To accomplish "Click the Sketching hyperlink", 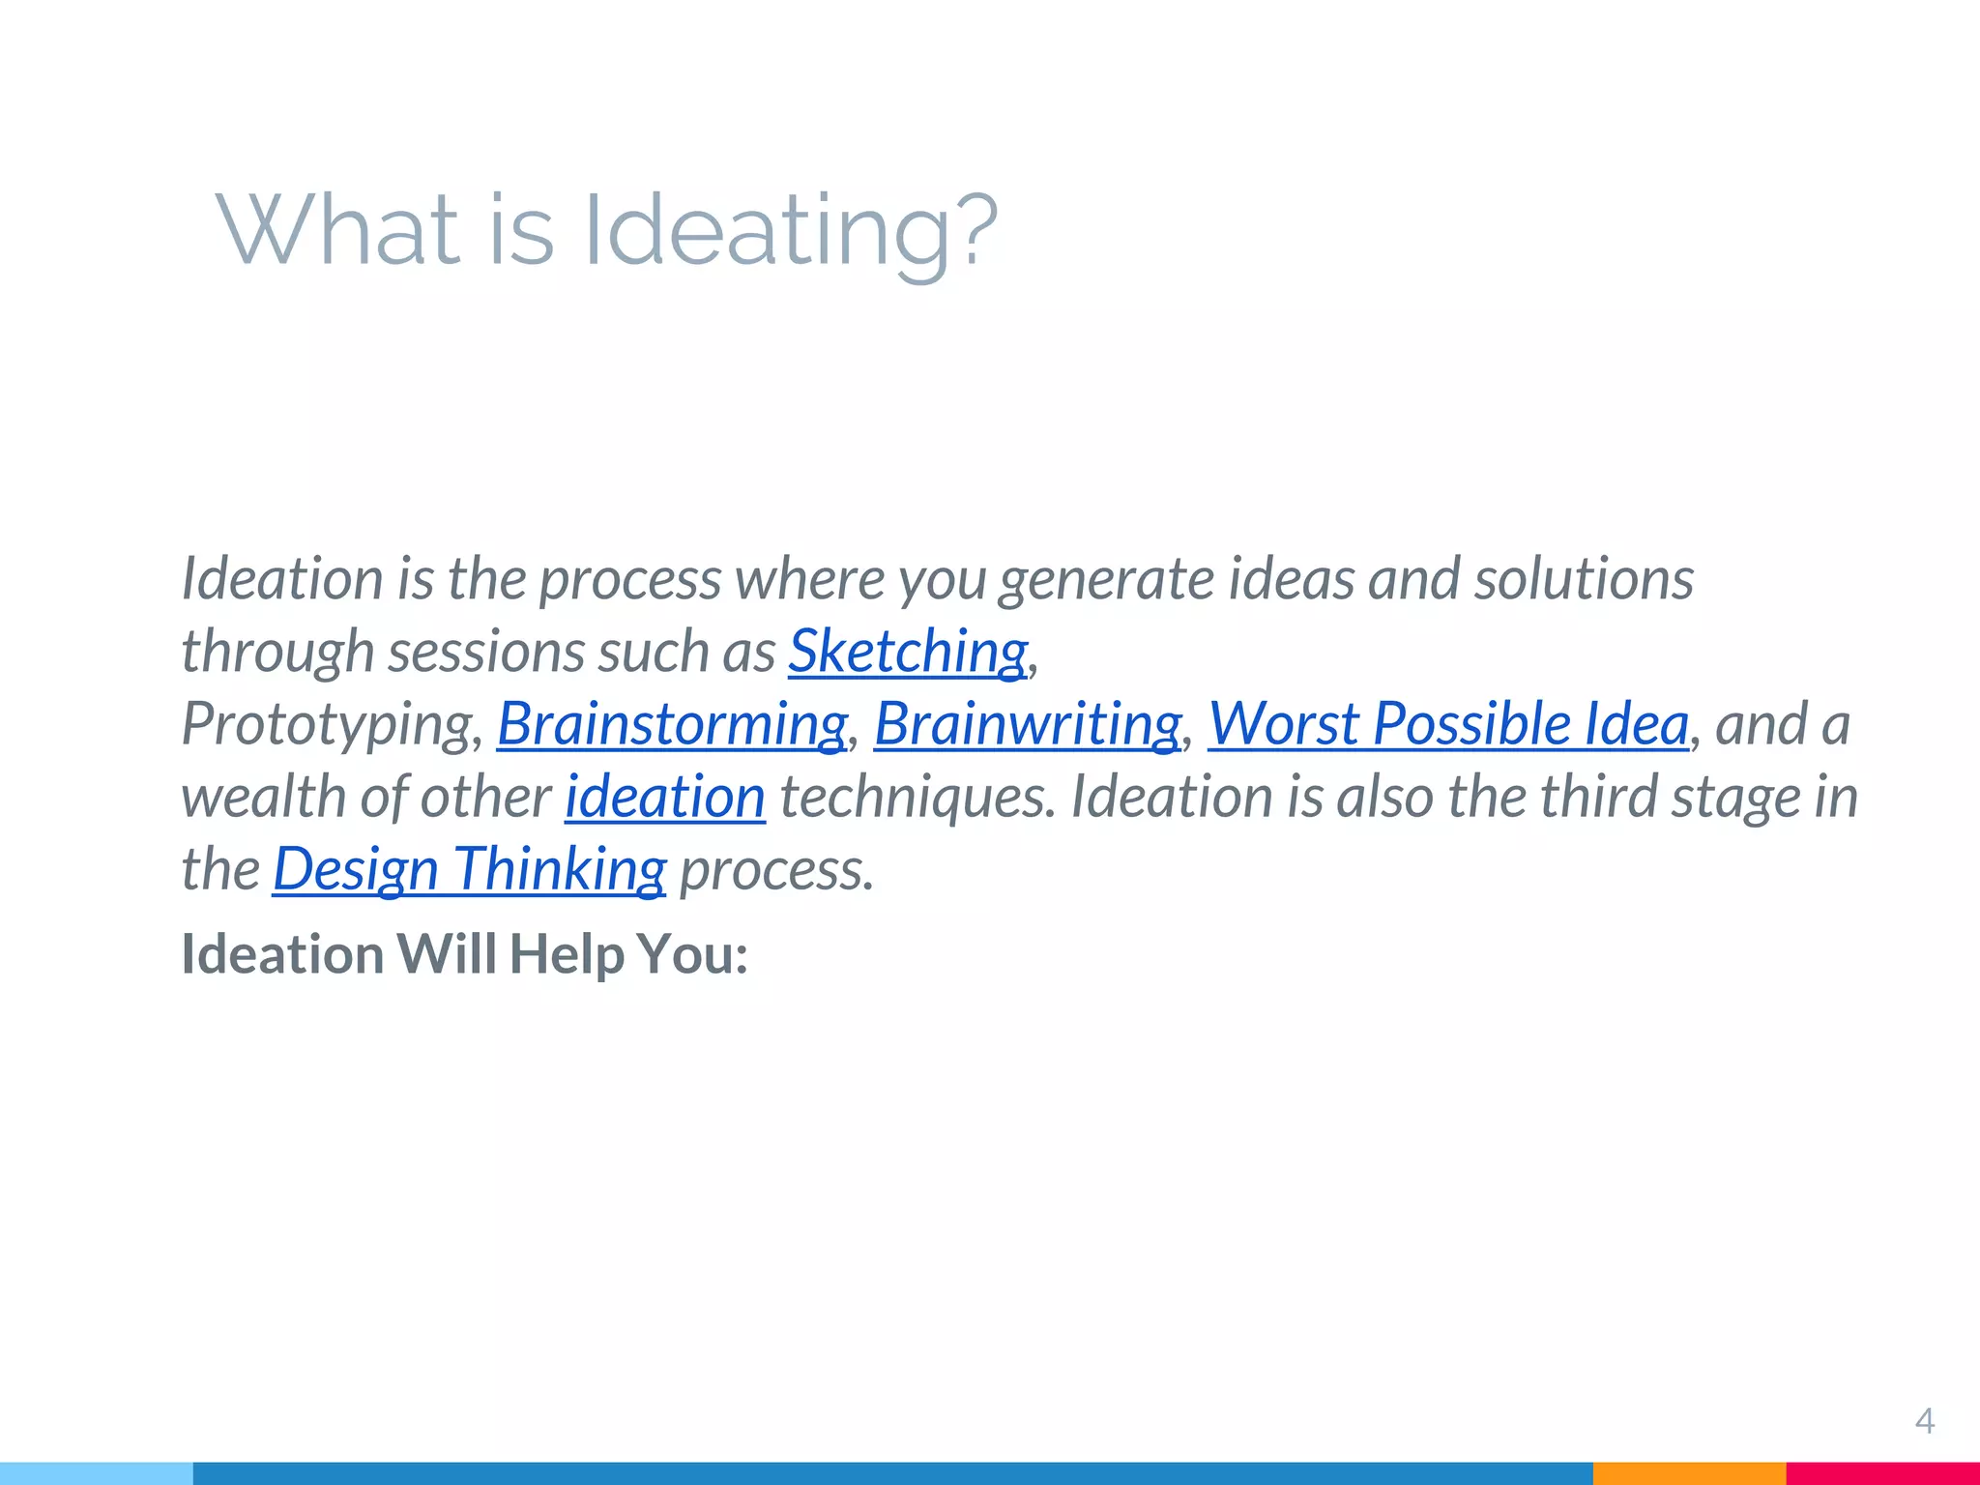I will tap(907, 652).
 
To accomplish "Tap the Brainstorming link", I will tap(672, 724).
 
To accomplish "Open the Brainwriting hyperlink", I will tap(1027, 724).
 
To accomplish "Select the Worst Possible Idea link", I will tap(1448, 724).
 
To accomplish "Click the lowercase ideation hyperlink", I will tap(665, 797).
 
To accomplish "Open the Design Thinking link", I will tap(469, 869).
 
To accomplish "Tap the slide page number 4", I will tap(1924, 1421).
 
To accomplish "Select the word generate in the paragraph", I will tap(1106, 580).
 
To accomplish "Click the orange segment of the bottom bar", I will tap(1688, 1473).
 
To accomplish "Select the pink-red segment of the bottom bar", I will tap(1882, 1473).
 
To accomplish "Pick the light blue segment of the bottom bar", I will tap(97, 1473).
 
